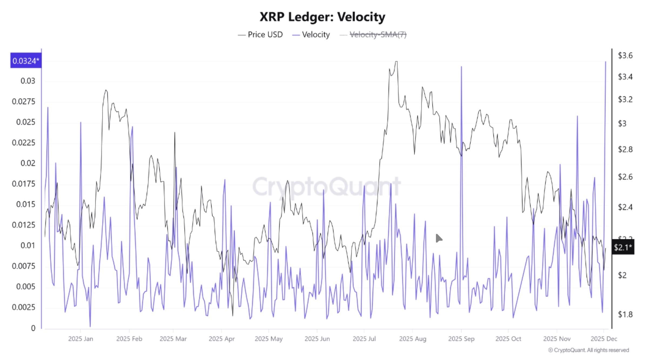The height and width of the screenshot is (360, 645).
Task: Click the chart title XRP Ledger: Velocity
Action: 322,17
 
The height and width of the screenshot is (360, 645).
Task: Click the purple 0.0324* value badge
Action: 26,61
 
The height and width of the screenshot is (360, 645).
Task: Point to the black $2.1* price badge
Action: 623,247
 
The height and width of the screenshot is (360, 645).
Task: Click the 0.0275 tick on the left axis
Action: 23,102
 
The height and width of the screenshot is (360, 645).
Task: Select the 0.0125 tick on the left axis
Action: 23,225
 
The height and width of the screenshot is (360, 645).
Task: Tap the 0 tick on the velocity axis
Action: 33,328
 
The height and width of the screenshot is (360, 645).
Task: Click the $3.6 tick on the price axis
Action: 625,56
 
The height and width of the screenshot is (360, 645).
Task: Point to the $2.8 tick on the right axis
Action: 625,149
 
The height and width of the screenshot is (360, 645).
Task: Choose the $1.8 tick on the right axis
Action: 625,314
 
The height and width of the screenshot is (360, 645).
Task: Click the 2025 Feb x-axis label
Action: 129,339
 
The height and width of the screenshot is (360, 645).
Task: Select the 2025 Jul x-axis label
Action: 364,339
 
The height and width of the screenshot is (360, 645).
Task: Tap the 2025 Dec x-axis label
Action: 604,339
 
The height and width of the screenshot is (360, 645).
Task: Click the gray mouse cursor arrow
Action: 439,238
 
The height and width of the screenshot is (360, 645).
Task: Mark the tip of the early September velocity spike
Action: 461,67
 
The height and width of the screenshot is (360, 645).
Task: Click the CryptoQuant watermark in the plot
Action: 326,186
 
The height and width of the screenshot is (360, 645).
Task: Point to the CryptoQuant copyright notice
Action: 589,350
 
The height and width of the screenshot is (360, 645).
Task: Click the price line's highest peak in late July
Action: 396,62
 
